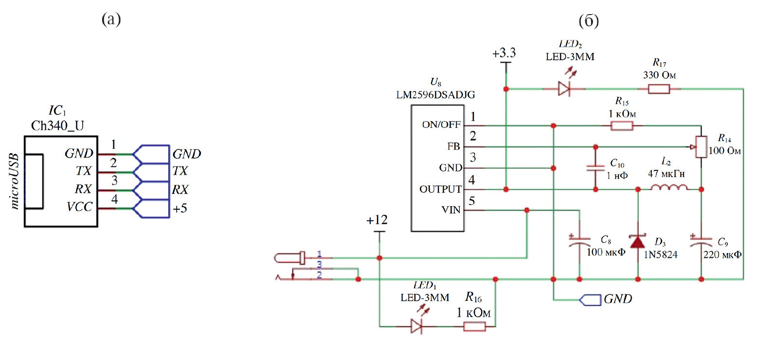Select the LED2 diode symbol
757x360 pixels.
pos(564,89)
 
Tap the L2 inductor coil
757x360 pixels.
pos(669,187)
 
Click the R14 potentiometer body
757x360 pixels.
pos(702,147)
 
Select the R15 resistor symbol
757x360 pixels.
pos(622,126)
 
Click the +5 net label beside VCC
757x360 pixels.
pos(180,209)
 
